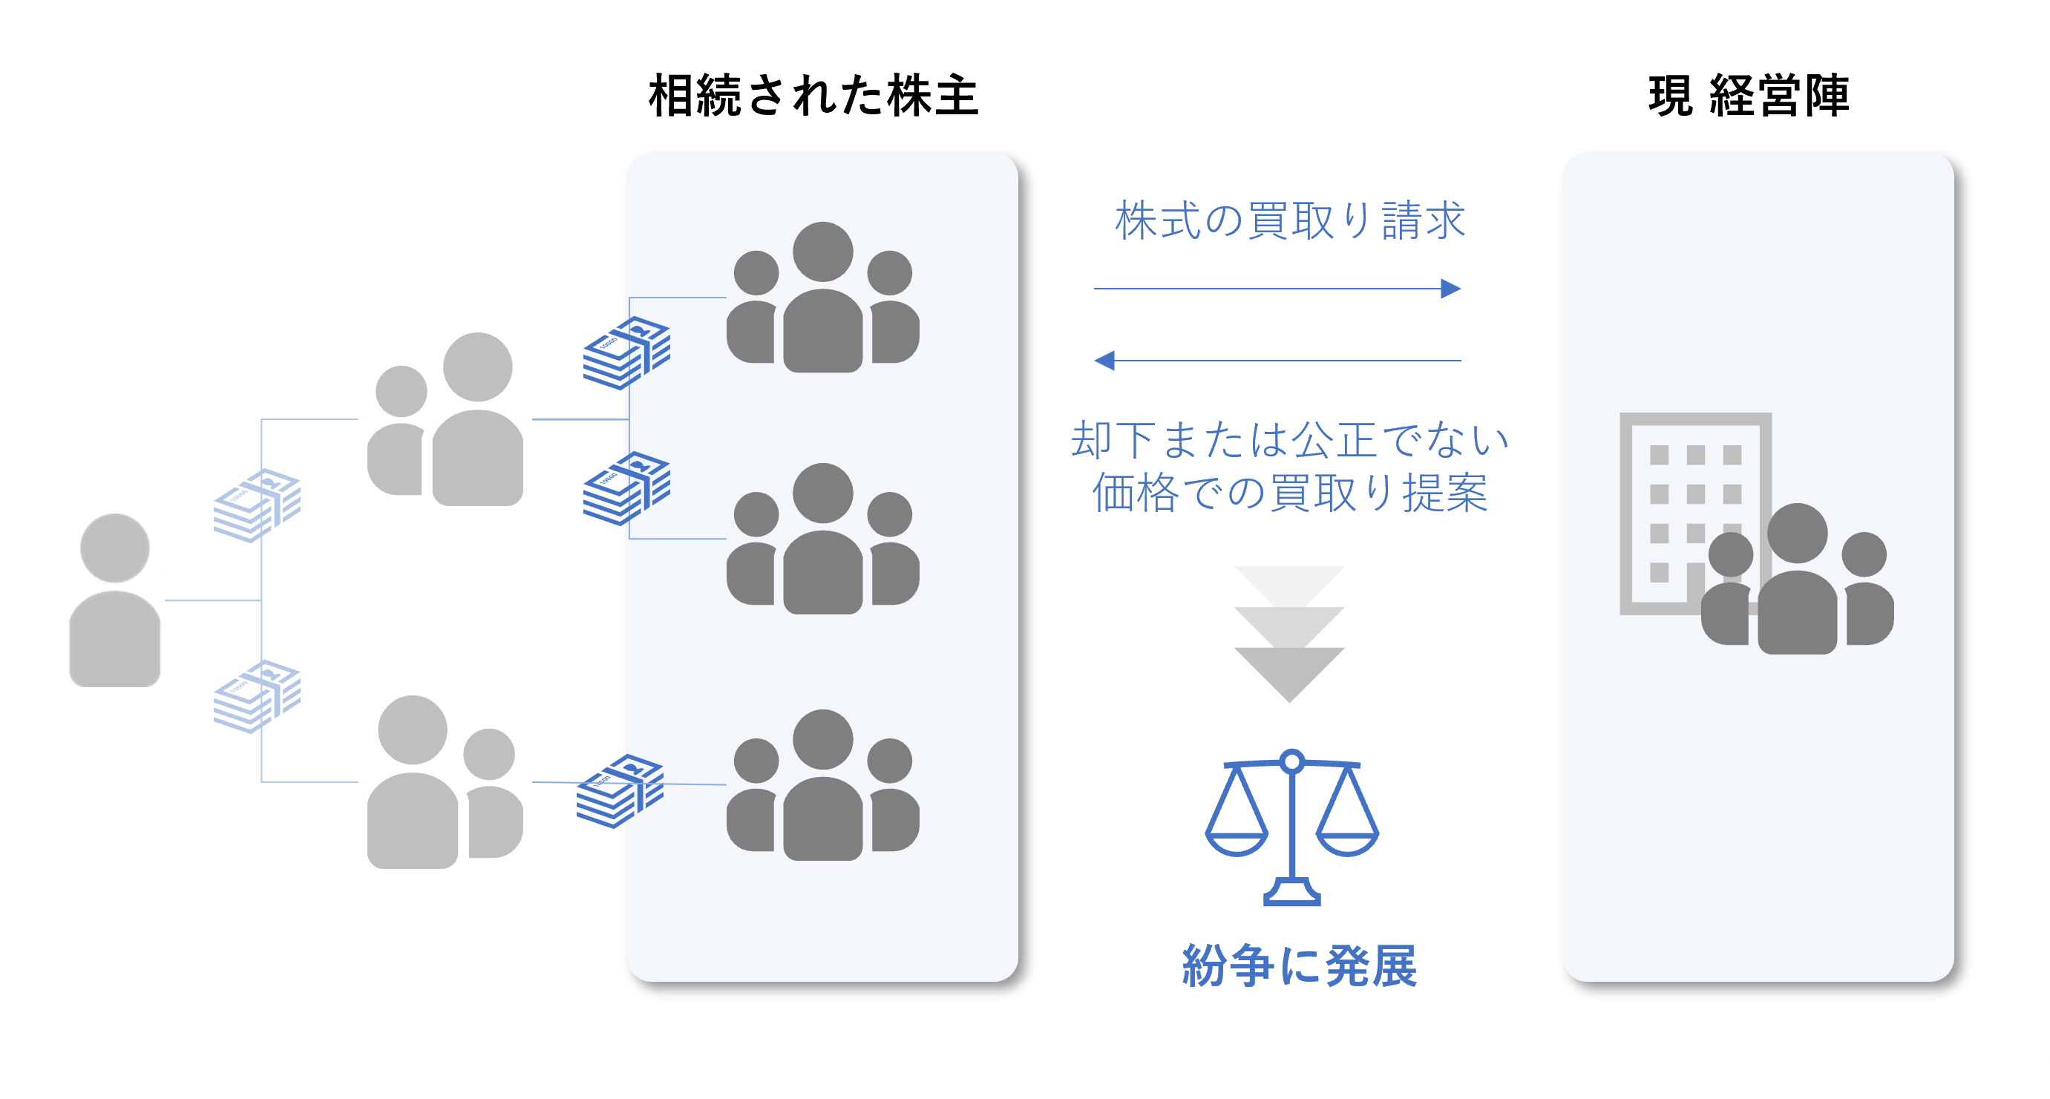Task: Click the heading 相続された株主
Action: coord(813,96)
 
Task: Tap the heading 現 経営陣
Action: coord(1748,96)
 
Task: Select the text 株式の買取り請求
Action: coord(1289,220)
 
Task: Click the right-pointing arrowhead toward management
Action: coord(1451,288)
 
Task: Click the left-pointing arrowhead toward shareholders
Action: coord(1104,361)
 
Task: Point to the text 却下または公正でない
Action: coord(1289,439)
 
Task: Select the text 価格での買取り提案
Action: coord(1289,493)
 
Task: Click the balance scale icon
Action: coord(1291,827)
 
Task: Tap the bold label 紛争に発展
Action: coord(1299,965)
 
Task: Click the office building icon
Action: coord(1695,514)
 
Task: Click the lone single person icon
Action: coord(114,600)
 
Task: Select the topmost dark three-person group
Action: coord(823,297)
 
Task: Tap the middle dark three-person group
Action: coord(823,538)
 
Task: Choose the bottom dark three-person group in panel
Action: coord(823,784)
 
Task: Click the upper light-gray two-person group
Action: coord(445,419)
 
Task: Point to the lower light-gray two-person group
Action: coord(445,781)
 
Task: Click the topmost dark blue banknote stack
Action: coord(626,352)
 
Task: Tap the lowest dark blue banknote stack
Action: coord(620,791)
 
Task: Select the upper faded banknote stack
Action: coord(257,505)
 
